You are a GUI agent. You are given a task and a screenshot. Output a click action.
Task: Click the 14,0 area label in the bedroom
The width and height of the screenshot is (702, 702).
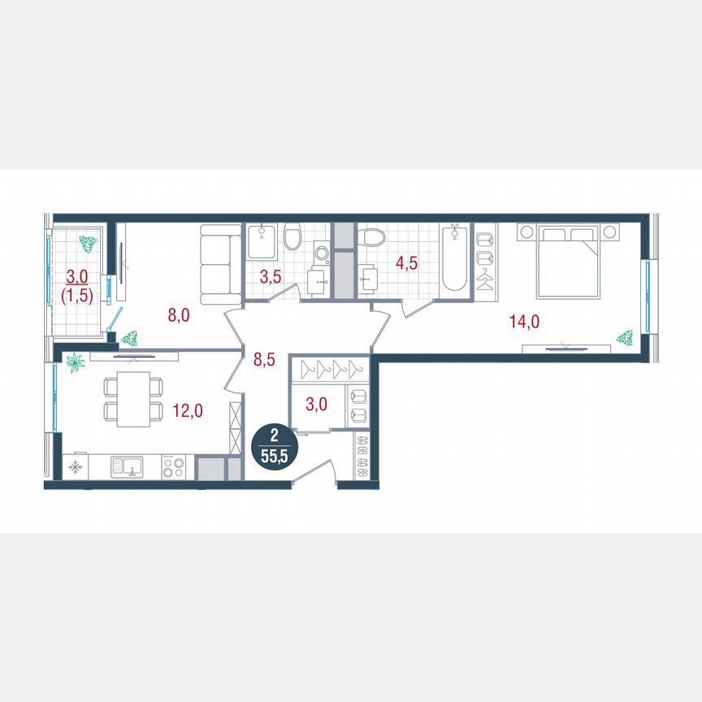click(x=524, y=321)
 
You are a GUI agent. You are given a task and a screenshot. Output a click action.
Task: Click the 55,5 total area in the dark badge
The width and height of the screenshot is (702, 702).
click(x=273, y=455)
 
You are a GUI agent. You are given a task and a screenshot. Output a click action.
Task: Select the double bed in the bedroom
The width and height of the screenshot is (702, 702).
click(x=569, y=261)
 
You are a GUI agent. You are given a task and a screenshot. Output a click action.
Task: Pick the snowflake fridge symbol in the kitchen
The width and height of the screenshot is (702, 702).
click(x=76, y=467)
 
